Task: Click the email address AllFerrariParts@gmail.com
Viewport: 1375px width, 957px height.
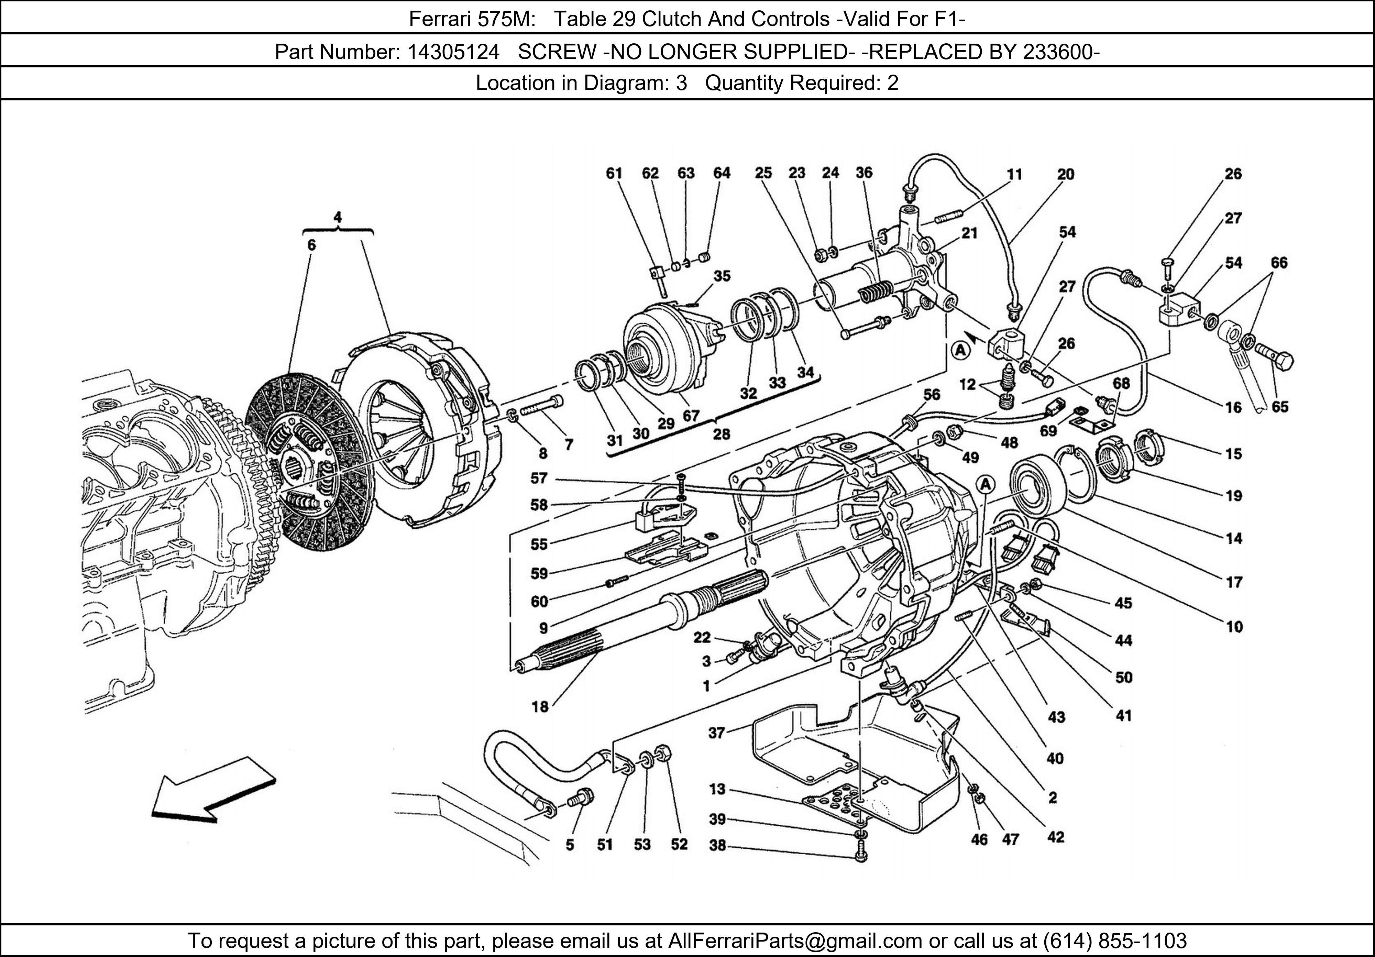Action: pyautogui.click(x=795, y=941)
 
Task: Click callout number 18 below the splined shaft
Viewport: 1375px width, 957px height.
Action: pyautogui.click(x=540, y=707)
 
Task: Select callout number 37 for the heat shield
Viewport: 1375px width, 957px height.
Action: pyautogui.click(x=717, y=733)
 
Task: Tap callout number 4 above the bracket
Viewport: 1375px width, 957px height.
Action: pyautogui.click(x=338, y=217)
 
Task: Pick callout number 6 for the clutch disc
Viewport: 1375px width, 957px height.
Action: pyautogui.click(x=311, y=245)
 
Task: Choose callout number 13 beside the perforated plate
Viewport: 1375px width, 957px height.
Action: pyautogui.click(x=717, y=789)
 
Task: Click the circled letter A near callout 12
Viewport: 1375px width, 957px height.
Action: pyautogui.click(x=960, y=350)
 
